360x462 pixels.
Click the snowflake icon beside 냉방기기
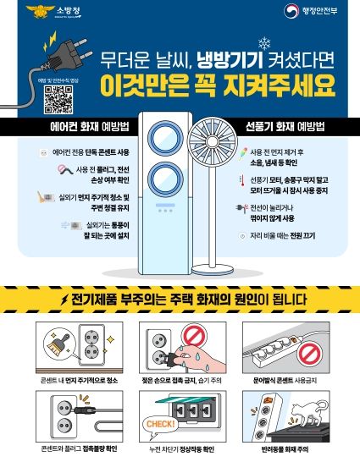pyautogui.click(x=263, y=45)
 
